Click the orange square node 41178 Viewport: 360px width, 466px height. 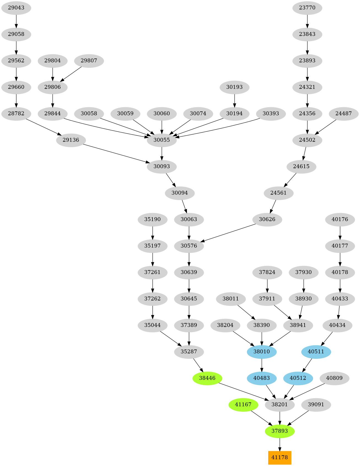pyautogui.click(x=280, y=457)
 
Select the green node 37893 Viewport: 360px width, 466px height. pyautogui.click(x=280, y=431)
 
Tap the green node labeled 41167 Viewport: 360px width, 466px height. pyautogui.click(x=243, y=405)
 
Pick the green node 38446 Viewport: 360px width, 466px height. pyautogui.click(x=207, y=378)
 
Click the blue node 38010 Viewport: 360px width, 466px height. pyautogui.click(x=262, y=352)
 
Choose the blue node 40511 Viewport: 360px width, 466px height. pyautogui.click(x=316, y=352)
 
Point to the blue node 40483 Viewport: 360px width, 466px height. pyautogui.click(x=262, y=378)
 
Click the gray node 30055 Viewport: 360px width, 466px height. pyautogui.click(x=162, y=140)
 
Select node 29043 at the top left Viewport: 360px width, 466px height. pyautogui.click(x=16, y=8)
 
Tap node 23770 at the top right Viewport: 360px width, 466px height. pyautogui.click(x=307, y=8)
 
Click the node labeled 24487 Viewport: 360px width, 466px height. pyautogui.click(x=343, y=114)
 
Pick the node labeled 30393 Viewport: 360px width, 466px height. pyautogui.click(x=271, y=114)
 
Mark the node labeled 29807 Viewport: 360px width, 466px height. pyautogui.click(x=89, y=61)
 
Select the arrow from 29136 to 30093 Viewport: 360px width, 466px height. pyautogui.click(x=116, y=153)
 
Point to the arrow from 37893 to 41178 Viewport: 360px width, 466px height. pyautogui.click(x=280, y=444)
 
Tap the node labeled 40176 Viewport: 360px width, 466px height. pyautogui.click(x=340, y=219)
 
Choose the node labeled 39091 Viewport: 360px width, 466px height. pyautogui.click(x=316, y=405)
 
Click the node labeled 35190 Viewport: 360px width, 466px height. pyautogui.click(x=152, y=219)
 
